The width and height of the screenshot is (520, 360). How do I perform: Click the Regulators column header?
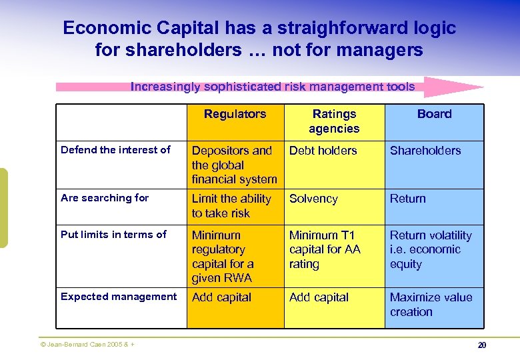tap(235, 114)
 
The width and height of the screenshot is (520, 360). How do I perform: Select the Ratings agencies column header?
tap(334, 121)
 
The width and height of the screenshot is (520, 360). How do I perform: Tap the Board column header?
tap(434, 114)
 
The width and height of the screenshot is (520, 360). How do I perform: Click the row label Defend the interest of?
tap(115, 150)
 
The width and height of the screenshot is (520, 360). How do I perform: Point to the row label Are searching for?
tap(105, 198)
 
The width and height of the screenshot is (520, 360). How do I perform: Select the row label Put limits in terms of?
tap(113, 235)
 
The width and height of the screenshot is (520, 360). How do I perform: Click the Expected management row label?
tap(119, 297)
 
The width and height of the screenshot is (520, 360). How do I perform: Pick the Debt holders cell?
tap(323, 151)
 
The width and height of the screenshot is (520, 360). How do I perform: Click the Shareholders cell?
tap(425, 151)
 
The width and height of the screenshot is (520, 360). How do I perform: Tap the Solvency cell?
tap(313, 199)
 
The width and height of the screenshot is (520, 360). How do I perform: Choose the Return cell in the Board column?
tap(407, 199)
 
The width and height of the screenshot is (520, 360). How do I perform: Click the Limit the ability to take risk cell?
tap(231, 206)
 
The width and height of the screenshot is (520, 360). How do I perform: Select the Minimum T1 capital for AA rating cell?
tap(325, 249)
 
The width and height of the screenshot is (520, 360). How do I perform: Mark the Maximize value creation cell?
tap(431, 305)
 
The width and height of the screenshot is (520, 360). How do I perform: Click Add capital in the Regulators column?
tap(221, 297)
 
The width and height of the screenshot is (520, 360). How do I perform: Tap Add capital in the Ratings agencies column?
tap(319, 297)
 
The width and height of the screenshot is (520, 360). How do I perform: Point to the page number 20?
tap(481, 345)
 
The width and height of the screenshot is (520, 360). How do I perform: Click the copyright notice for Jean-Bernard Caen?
tap(87, 345)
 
